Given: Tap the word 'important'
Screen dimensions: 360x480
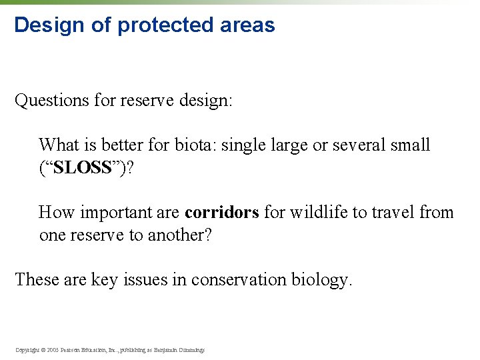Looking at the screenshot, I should [113, 213].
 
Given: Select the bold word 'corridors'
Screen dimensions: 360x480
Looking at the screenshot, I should [221, 213].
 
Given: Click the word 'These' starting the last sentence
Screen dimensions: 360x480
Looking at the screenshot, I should [37, 279].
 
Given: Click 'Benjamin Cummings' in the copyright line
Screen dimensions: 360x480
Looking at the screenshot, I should [181, 349].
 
